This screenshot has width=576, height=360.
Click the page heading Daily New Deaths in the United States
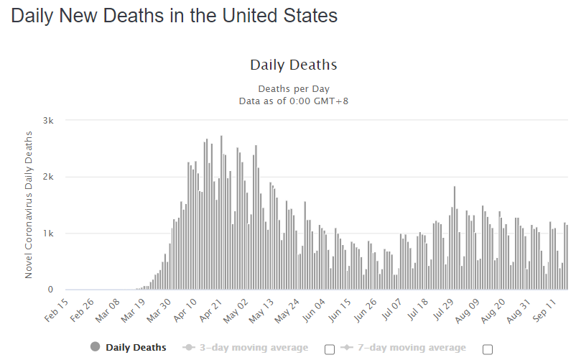point(174,17)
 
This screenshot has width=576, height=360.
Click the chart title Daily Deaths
point(293,65)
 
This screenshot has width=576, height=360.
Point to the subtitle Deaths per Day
point(293,88)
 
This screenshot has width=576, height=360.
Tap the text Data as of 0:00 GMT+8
point(293,101)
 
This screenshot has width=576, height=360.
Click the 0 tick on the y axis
point(51,290)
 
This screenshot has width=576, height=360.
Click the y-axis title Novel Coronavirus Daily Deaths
point(29,205)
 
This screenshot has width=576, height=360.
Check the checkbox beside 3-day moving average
point(330,349)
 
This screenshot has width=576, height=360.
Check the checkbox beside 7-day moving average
point(488,349)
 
